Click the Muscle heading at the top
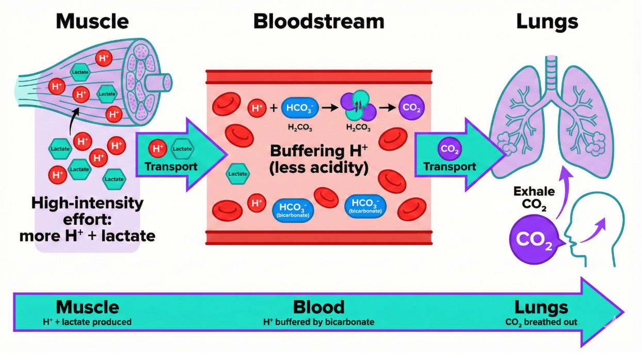(92, 22)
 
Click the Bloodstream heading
(318, 22)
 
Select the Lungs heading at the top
(547, 22)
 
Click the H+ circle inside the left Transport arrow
(157, 149)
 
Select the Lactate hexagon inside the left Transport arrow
(182, 149)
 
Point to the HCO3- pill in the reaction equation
(297, 108)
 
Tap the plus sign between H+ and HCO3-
(272, 108)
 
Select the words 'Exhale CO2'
(534, 198)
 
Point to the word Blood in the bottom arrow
(318, 307)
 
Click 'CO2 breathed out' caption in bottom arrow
(541, 322)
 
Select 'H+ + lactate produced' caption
(87, 322)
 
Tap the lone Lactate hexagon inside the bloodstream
(238, 174)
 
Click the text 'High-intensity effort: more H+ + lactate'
(87, 220)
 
